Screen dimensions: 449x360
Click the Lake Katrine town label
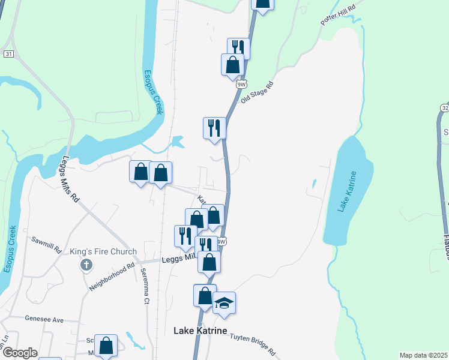200,331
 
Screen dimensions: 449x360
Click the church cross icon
86,265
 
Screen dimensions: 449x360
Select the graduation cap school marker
224,303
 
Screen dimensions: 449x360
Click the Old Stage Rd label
257,92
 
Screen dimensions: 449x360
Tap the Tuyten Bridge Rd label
253,344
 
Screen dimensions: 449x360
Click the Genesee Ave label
44,320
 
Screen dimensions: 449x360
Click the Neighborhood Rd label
112,276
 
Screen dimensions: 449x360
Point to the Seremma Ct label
145,286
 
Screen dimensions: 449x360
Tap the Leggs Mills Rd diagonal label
71,179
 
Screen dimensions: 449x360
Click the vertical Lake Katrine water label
347,191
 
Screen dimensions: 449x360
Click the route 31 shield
8,54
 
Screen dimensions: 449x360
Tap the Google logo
20,353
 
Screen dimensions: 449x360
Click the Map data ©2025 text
424,355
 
